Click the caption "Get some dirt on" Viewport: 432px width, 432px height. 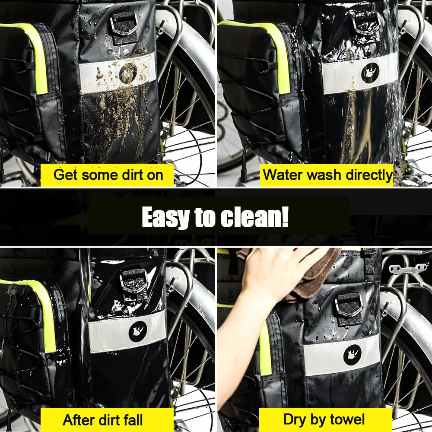click(108, 175)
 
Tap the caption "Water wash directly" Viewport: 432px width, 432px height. click(327, 175)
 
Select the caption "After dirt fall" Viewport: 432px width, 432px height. click(103, 420)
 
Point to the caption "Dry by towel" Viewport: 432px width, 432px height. click(324, 419)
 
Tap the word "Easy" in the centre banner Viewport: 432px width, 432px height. click(166, 218)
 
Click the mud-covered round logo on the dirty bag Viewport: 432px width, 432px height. click(128, 73)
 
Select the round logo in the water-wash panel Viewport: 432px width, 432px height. click(370, 73)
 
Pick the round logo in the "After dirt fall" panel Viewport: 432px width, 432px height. click(138, 331)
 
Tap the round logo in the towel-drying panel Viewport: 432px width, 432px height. click(353, 355)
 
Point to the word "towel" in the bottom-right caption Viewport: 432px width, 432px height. click(347, 419)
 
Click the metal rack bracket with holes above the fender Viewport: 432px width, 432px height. click(407, 269)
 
